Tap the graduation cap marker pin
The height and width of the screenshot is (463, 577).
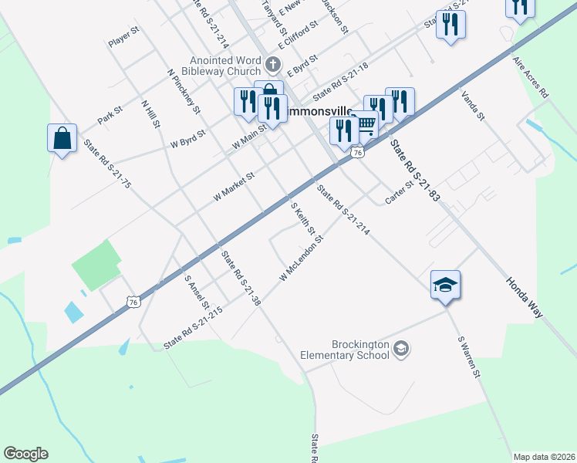(x=445, y=285)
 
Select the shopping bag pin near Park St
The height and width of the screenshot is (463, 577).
(x=62, y=139)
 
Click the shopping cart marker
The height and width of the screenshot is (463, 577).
(x=366, y=125)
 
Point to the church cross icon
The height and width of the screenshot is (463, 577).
(x=272, y=63)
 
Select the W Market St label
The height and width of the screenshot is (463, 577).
(x=234, y=187)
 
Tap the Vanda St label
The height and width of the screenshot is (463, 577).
(x=472, y=106)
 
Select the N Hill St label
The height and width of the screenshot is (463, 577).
(x=150, y=113)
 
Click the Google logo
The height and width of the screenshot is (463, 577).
(x=25, y=454)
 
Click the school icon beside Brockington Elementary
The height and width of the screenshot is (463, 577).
(x=400, y=350)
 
